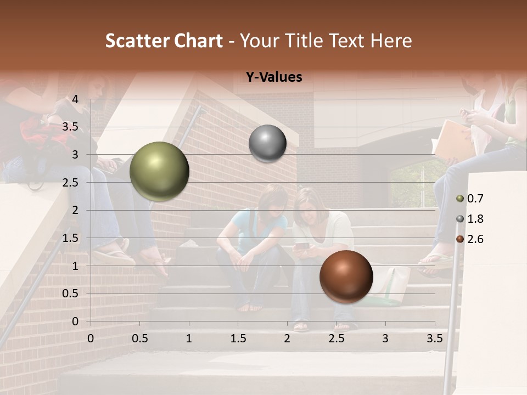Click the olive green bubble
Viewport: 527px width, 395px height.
(159, 171)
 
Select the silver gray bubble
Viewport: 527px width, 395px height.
(267, 144)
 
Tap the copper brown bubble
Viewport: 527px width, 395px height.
(346, 276)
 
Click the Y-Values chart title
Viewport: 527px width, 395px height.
(274, 77)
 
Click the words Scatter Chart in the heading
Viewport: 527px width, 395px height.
(164, 41)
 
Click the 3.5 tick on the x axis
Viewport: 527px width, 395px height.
(434, 338)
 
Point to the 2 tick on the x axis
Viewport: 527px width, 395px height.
(287, 338)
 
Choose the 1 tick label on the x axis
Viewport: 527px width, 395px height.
(189, 338)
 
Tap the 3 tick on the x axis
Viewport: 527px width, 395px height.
(385, 338)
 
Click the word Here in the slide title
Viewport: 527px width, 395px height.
(391, 41)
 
